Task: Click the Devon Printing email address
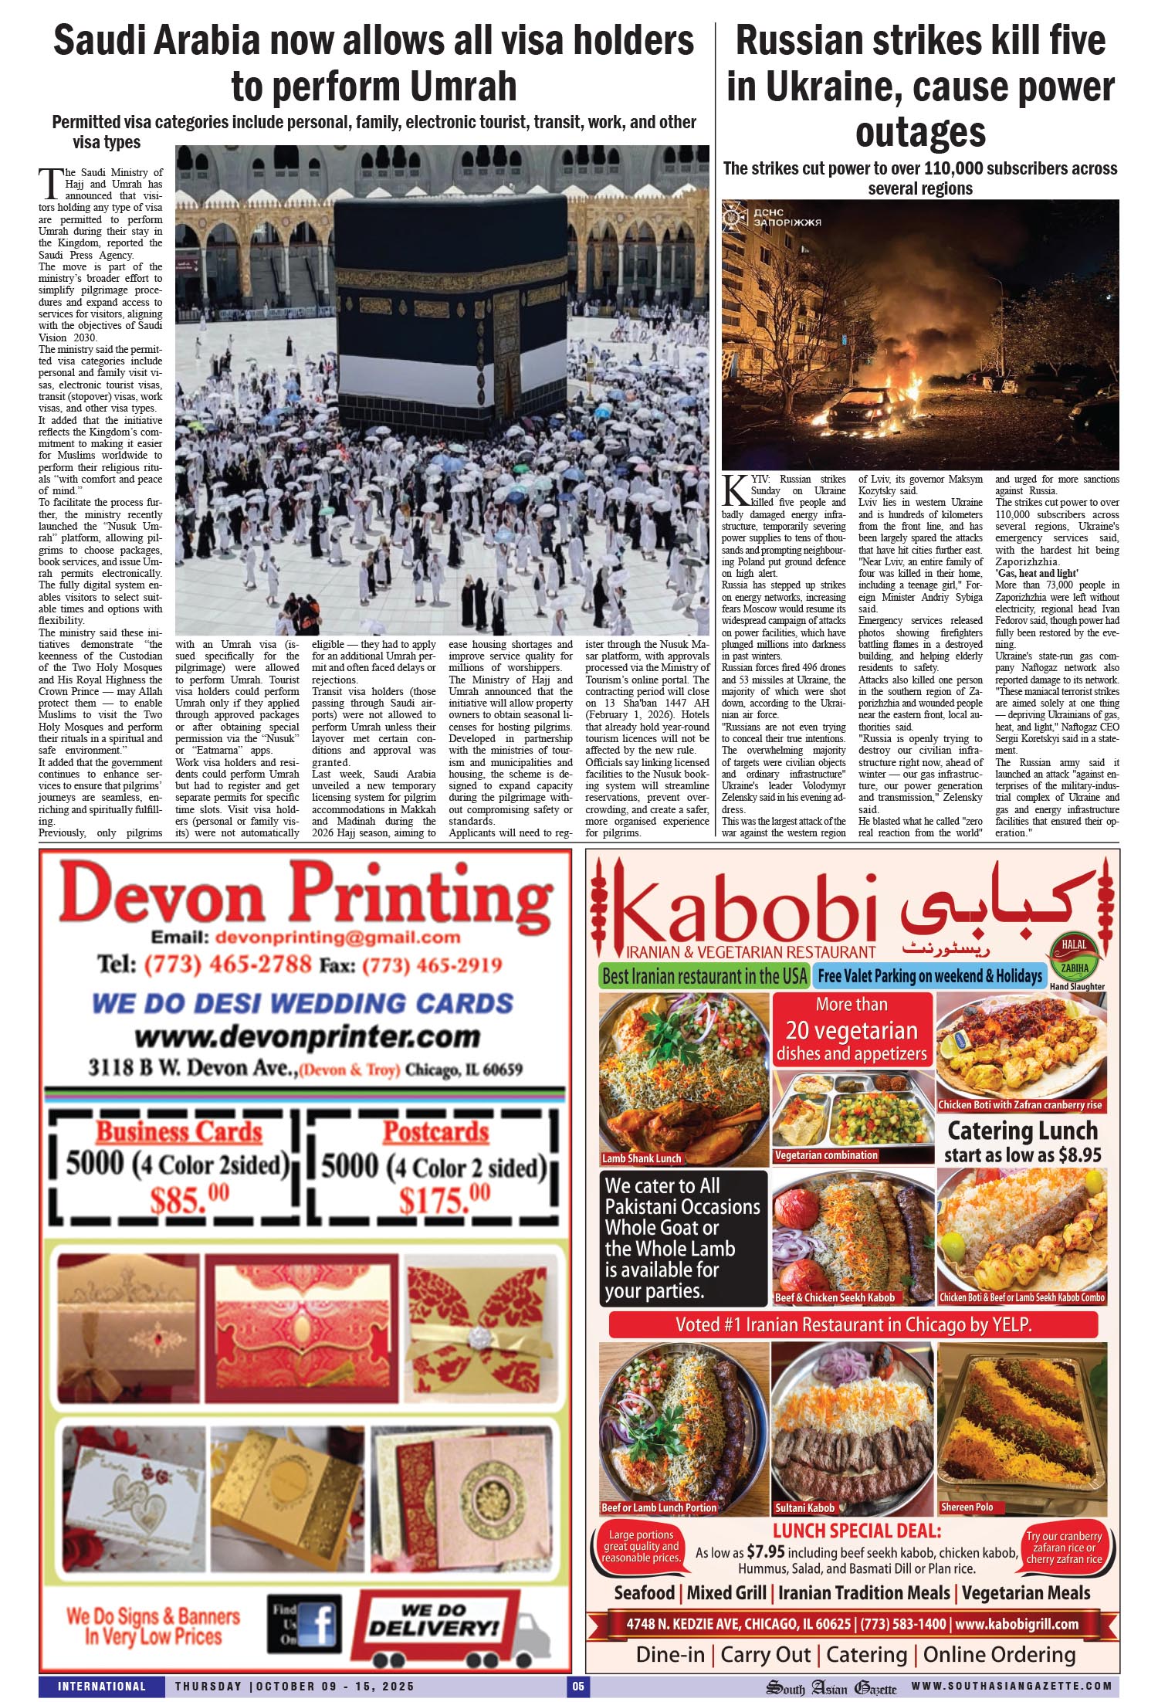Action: coord(338,937)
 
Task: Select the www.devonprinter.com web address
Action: coord(307,1036)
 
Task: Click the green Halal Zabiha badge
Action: coord(1074,955)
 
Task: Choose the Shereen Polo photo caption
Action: coord(967,1507)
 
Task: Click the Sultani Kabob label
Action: coord(804,1507)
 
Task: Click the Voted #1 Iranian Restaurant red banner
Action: coord(853,1324)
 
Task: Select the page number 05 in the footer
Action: coord(578,1686)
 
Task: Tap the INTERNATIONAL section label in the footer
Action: coord(101,1686)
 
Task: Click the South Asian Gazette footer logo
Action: coord(831,1687)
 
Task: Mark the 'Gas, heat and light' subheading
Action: coord(1036,573)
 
